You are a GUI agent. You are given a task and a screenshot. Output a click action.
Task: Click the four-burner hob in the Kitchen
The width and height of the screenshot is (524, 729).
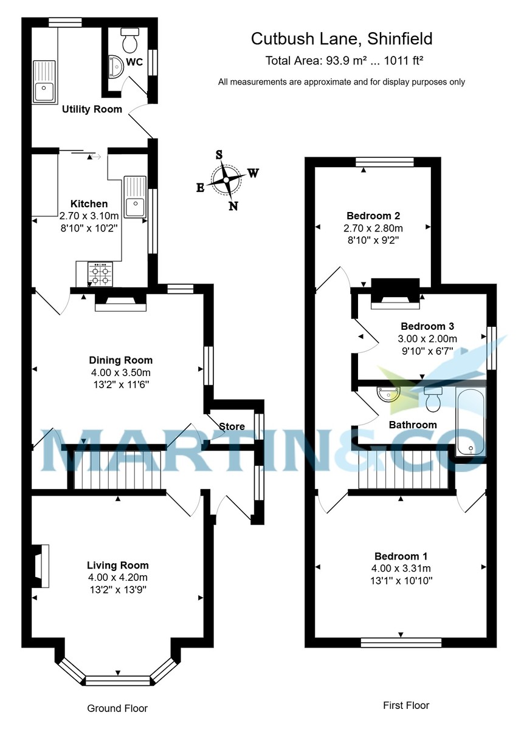point(101,274)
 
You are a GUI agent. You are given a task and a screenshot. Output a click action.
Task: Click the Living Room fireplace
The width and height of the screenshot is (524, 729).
point(41,566)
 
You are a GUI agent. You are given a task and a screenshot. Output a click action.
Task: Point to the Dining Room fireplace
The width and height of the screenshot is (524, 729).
point(121,302)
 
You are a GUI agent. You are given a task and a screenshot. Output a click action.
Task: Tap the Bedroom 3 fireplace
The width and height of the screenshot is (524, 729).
point(395,292)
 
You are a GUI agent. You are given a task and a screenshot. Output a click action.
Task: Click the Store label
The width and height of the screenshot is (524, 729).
point(232,426)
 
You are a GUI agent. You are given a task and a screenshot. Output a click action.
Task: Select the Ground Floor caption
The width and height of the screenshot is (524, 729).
point(117,708)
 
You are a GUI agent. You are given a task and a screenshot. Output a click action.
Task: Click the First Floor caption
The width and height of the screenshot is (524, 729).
point(405,705)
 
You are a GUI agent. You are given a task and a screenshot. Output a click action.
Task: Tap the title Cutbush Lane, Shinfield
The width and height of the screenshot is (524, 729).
point(342,39)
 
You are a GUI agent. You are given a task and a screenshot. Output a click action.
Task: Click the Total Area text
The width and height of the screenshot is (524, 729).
point(344,61)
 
